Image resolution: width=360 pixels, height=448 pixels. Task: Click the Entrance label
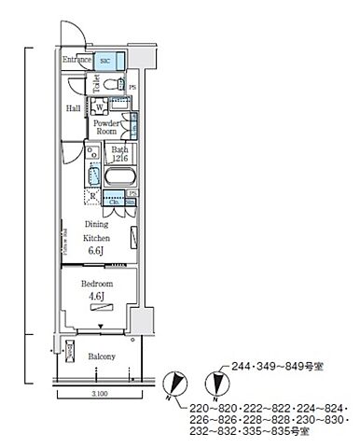coord(77,61)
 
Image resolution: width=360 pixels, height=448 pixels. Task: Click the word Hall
coord(73,108)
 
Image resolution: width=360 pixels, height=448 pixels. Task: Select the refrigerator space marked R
coord(91,197)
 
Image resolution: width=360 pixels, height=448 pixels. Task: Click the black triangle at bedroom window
coord(100,327)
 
